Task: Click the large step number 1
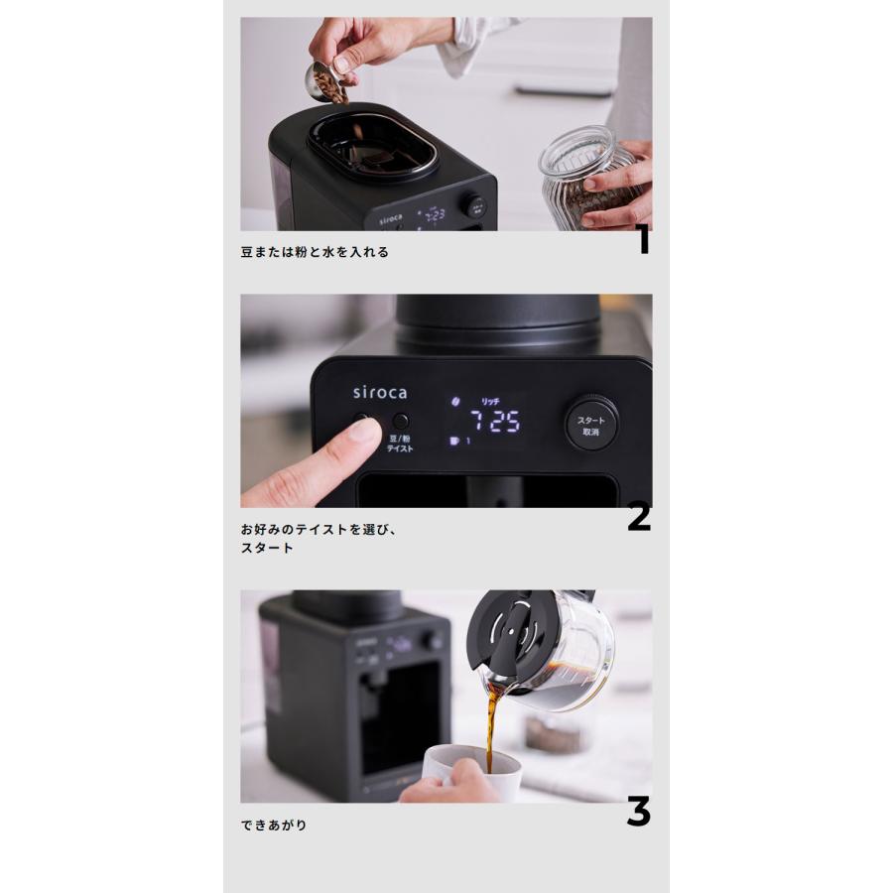[643, 239]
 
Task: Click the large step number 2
[639, 517]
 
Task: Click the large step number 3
[638, 812]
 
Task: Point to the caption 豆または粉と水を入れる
[315, 252]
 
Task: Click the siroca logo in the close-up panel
[379, 392]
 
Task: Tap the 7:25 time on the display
[494, 421]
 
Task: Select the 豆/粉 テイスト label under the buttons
[400, 443]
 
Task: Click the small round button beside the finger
[400, 421]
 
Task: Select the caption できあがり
[274, 825]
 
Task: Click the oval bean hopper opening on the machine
[373, 147]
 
